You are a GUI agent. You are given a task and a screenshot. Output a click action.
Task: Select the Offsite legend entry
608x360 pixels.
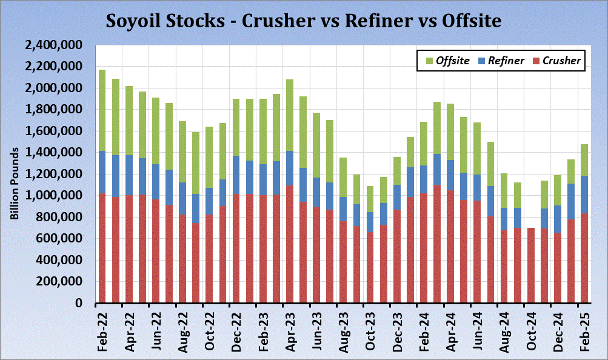[448, 61]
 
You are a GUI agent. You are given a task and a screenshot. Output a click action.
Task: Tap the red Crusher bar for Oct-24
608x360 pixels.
[531, 265]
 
